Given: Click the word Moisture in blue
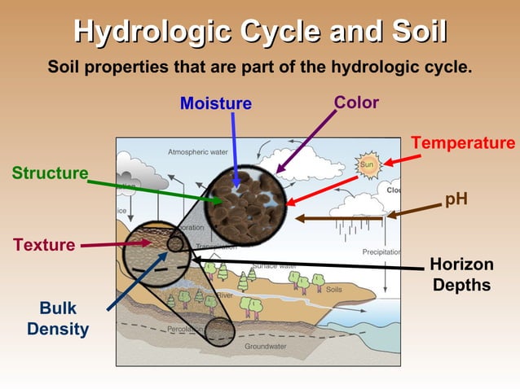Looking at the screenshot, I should [x=216, y=103].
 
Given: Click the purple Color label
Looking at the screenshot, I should [x=356, y=103].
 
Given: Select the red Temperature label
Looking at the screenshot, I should [x=462, y=143].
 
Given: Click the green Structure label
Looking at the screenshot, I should [x=50, y=173].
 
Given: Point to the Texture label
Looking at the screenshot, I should [x=44, y=244].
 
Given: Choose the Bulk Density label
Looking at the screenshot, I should [x=57, y=320].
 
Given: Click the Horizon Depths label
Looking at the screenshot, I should [x=461, y=274].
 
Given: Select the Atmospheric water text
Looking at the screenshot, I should [x=198, y=152].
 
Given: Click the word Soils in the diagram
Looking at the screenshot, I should [x=334, y=289].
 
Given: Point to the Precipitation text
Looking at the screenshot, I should [x=380, y=252].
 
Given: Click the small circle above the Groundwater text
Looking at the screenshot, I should [x=220, y=332].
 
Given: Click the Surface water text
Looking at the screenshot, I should [x=275, y=265].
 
